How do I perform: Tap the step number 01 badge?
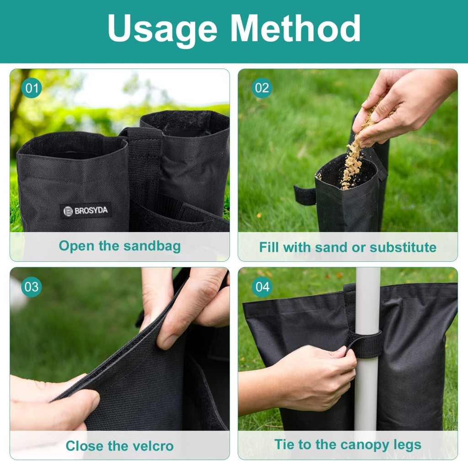click(32, 88)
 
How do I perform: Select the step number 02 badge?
click(262, 88)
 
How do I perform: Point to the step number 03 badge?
click(32, 287)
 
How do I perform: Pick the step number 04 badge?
click(262, 287)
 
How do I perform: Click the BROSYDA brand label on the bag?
click(85, 211)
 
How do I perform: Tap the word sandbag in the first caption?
click(152, 246)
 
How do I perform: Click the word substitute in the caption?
click(403, 247)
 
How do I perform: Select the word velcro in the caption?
click(153, 446)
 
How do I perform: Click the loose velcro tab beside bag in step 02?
click(304, 195)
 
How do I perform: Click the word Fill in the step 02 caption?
click(269, 247)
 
